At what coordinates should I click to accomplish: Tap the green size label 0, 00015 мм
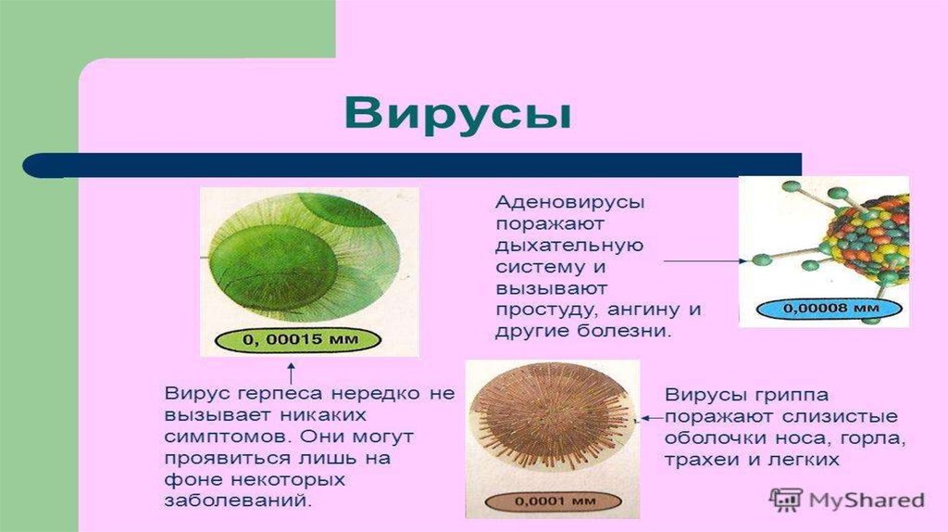(299, 338)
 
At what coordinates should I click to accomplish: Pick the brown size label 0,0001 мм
(553, 501)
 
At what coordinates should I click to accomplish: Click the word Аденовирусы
(570, 201)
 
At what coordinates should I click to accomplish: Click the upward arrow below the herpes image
(291, 373)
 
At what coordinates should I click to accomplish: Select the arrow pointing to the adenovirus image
(705, 260)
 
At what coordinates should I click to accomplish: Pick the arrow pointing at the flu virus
(652, 418)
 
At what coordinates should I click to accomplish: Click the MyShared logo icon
(785, 500)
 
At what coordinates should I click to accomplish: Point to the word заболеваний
(239, 501)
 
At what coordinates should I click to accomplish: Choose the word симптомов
(228, 437)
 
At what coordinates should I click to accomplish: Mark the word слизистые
(840, 417)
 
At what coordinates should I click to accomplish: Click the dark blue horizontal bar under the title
(412, 165)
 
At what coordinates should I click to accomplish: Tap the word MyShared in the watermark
(867, 500)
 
